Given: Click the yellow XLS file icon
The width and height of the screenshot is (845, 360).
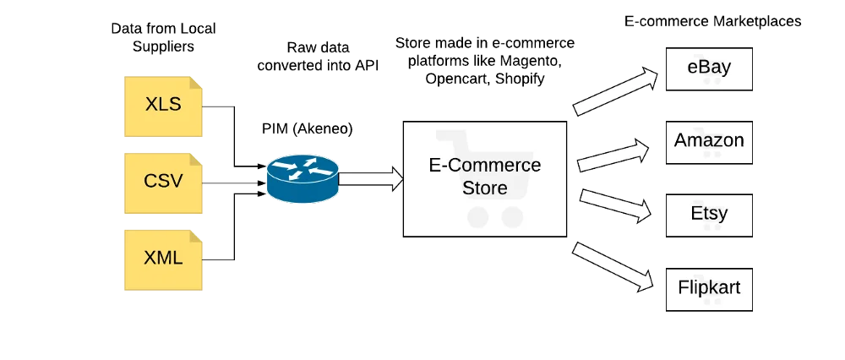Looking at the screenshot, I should (x=163, y=107).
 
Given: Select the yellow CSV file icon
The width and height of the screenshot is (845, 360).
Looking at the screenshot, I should (x=163, y=183).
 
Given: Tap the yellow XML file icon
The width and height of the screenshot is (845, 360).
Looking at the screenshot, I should (x=163, y=259).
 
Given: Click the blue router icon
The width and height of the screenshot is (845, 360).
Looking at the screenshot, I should (x=302, y=177).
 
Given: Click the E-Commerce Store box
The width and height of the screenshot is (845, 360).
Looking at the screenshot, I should (x=484, y=178).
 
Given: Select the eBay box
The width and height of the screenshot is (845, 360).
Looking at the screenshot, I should (x=709, y=68).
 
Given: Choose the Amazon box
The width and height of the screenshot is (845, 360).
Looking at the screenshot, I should (x=709, y=142).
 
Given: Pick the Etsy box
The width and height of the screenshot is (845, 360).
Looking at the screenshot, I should (x=709, y=215).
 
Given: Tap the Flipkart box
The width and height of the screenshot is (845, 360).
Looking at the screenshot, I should (x=709, y=288).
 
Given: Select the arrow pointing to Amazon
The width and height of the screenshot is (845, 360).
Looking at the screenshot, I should (x=613, y=156).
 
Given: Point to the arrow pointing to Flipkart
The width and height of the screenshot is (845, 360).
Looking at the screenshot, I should (x=613, y=266).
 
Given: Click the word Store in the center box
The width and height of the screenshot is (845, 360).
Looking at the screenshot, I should (x=484, y=188).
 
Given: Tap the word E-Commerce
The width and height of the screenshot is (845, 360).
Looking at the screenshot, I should (x=484, y=165).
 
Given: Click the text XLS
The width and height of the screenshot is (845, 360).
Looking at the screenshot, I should (x=163, y=105).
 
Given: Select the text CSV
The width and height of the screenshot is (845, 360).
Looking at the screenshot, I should (x=163, y=181).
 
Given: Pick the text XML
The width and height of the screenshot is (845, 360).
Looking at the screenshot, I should (x=163, y=258).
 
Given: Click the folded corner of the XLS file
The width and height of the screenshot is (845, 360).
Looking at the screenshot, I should (x=197, y=83).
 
